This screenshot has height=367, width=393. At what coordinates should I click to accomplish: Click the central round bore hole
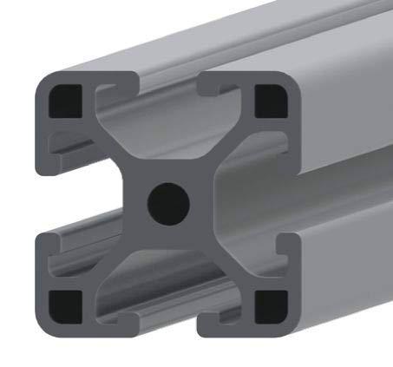[167, 204]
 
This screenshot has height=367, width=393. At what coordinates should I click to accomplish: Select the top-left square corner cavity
[65, 102]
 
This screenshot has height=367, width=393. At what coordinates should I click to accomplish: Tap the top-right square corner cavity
[272, 101]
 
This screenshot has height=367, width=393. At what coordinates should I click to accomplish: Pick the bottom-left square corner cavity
[65, 305]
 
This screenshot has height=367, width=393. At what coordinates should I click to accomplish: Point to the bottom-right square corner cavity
[272, 305]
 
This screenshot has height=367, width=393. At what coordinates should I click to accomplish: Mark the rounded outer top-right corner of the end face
[295, 80]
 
